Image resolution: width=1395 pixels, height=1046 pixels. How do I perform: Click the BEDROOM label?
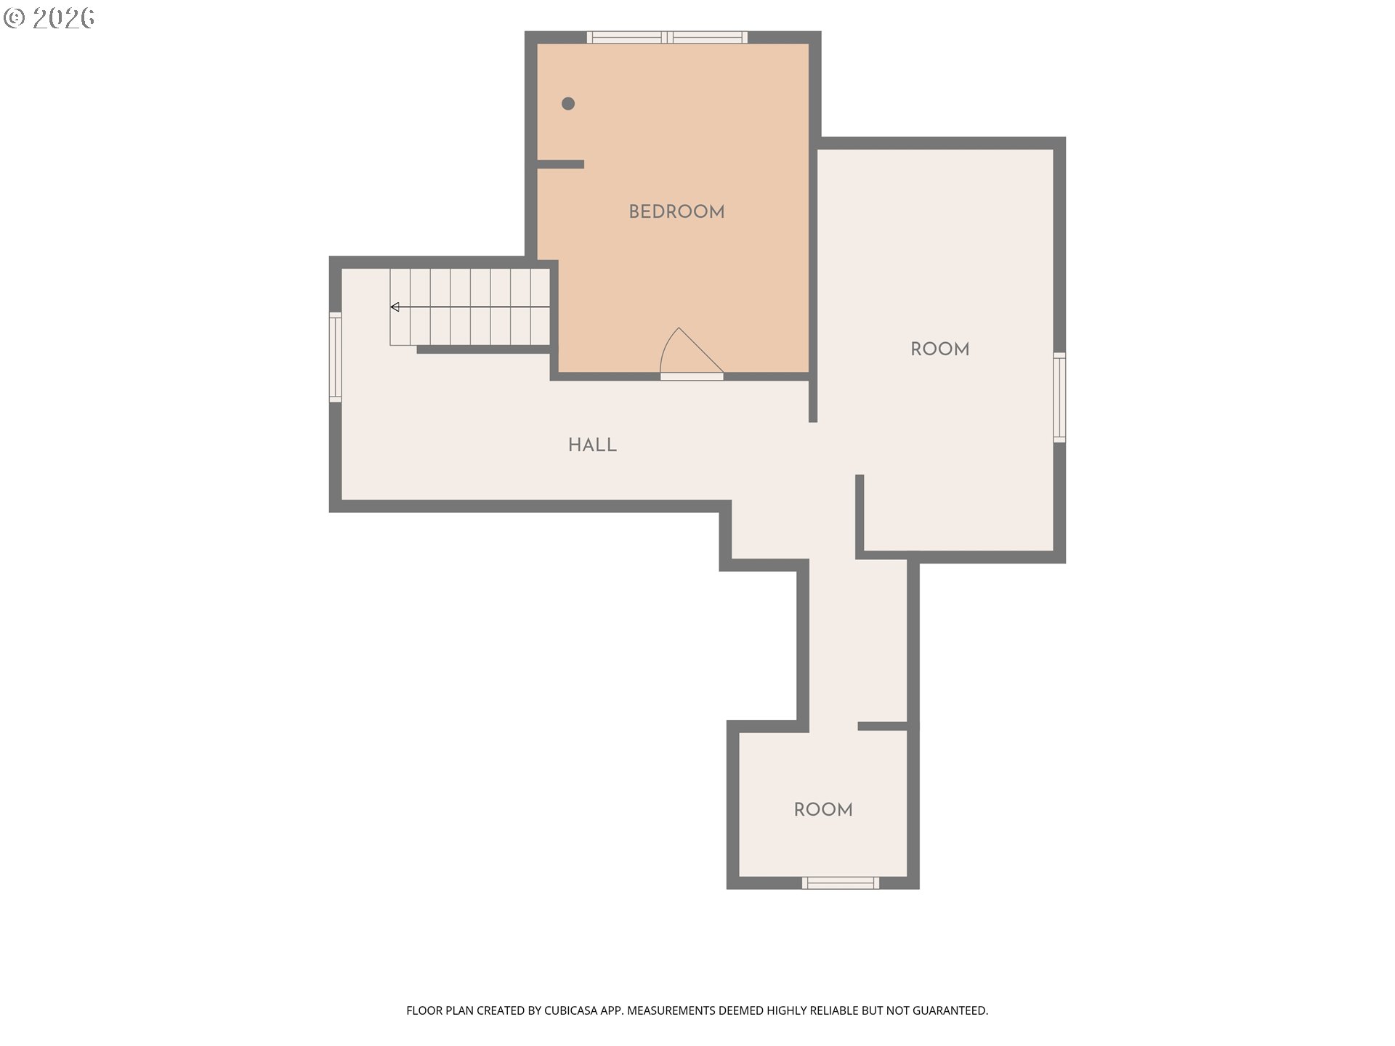pyautogui.click(x=676, y=212)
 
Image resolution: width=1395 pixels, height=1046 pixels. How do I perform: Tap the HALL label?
pyautogui.click(x=592, y=445)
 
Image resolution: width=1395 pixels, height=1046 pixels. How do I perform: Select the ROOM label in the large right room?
pyautogui.click(x=939, y=349)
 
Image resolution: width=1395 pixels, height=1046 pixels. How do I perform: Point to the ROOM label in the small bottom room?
pyautogui.click(x=823, y=810)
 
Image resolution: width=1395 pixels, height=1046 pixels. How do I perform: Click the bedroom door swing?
pyautogui.click(x=690, y=352)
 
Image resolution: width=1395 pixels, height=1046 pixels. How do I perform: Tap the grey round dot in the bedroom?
pyautogui.click(x=568, y=104)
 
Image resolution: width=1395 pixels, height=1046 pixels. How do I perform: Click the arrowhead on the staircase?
pyautogui.click(x=395, y=307)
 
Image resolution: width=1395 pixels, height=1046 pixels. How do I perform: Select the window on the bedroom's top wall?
pyautogui.click(x=667, y=37)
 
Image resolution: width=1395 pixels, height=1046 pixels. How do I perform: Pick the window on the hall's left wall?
pyautogui.click(x=335, y=357)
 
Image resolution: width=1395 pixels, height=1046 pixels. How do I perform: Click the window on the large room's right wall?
pyautogui.click(x=1059, y=397)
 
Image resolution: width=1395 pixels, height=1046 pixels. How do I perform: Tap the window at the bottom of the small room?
pyautogui.click(x=841, y=883)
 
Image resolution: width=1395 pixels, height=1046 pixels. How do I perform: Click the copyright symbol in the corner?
pyautogui.click(x=14, y=18)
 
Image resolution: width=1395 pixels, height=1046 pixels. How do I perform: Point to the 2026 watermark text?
pyautogui.click(x=63, y=18)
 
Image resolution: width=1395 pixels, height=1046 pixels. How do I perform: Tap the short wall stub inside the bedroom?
pyautogui.click(x=560, y=164)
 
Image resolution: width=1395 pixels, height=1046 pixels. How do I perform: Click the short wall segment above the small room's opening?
pyautogui.click(x=883, y=726)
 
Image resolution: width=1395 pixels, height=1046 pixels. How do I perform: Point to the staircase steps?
pyautogui.click(x=470, y=307)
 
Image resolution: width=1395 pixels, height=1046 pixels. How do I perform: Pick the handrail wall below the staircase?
pyautogui.click(x=483, y=349)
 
